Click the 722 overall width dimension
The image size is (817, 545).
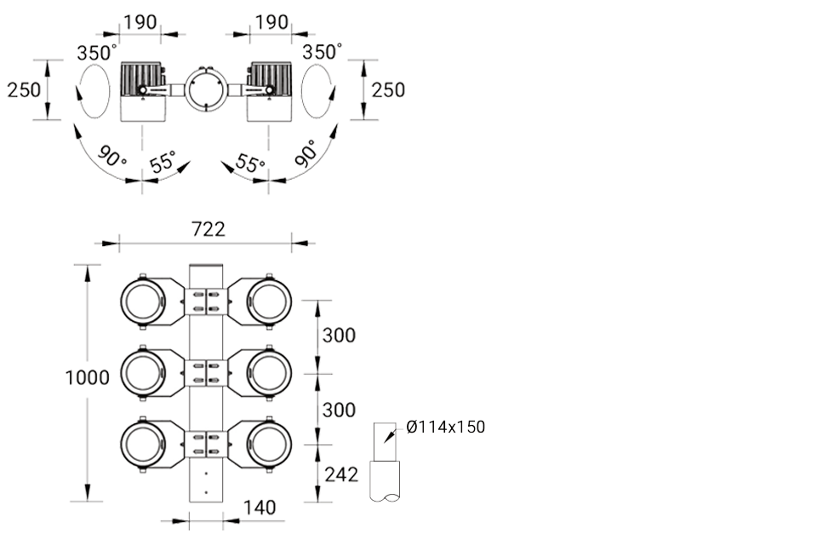coord(208,229)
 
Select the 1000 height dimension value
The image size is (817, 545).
coord(87,377)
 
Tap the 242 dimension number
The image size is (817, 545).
coord(341,474)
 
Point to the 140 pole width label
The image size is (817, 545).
coord(260,508)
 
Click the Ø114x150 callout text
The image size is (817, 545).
coord(445,427)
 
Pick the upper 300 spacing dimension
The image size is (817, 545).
coord(339,336)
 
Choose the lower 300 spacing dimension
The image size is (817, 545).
coord(339,410)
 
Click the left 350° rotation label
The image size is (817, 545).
coord(97,52)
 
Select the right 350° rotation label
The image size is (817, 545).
coord(323,52)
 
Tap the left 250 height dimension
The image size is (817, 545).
coord(24,89)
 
